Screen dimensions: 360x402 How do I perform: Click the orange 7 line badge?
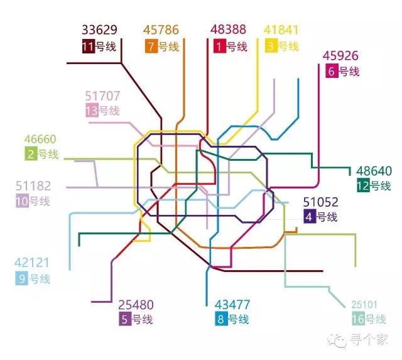click(x=151, y=46)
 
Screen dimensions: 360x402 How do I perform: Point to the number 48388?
click(x=228, y=30)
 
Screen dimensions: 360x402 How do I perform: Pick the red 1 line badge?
click(x=219, y=46)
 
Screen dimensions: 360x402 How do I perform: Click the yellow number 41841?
click(x=281, y=30)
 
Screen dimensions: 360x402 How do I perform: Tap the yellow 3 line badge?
click(x=271, y=46)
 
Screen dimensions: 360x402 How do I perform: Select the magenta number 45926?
click(x=340, y=56)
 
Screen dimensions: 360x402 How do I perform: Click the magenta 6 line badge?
click(x=332, y=72)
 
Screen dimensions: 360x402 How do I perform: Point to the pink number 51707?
click(x=102, y=96)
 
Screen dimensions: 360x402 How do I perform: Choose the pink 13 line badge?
click(x=92, y=111)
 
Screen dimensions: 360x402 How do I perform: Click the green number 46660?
click(x=40, y=139)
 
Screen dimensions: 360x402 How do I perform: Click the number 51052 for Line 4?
click(x=320, y=202)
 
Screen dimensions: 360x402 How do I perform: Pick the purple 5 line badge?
click(x=125, y=320)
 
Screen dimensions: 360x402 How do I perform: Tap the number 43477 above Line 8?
click(x=232, y=305)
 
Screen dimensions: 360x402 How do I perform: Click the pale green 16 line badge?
click(x=357, y=320)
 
